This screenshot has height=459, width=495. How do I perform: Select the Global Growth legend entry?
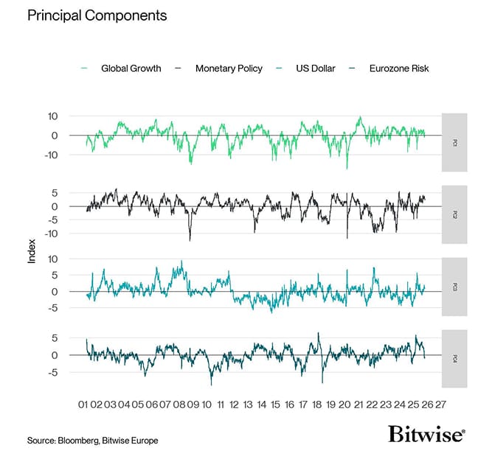131,69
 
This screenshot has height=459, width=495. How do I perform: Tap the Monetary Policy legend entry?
228,69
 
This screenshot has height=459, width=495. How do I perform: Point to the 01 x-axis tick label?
83,404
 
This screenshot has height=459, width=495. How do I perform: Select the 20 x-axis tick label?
345,404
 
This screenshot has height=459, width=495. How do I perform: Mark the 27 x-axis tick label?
440,404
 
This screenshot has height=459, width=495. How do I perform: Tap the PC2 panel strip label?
454,215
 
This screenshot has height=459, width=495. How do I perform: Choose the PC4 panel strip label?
454,359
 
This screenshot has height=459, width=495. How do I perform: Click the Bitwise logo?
426,434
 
